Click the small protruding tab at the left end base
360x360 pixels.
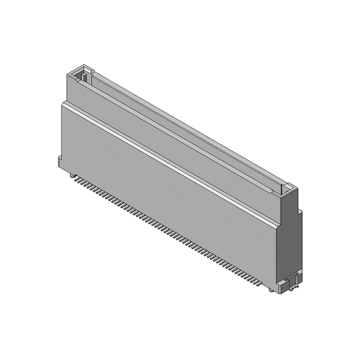(60, 162)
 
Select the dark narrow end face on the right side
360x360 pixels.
(298, 242)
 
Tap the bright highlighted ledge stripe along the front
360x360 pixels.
(169, 163)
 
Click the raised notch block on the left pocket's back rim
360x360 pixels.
(88, 70)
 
